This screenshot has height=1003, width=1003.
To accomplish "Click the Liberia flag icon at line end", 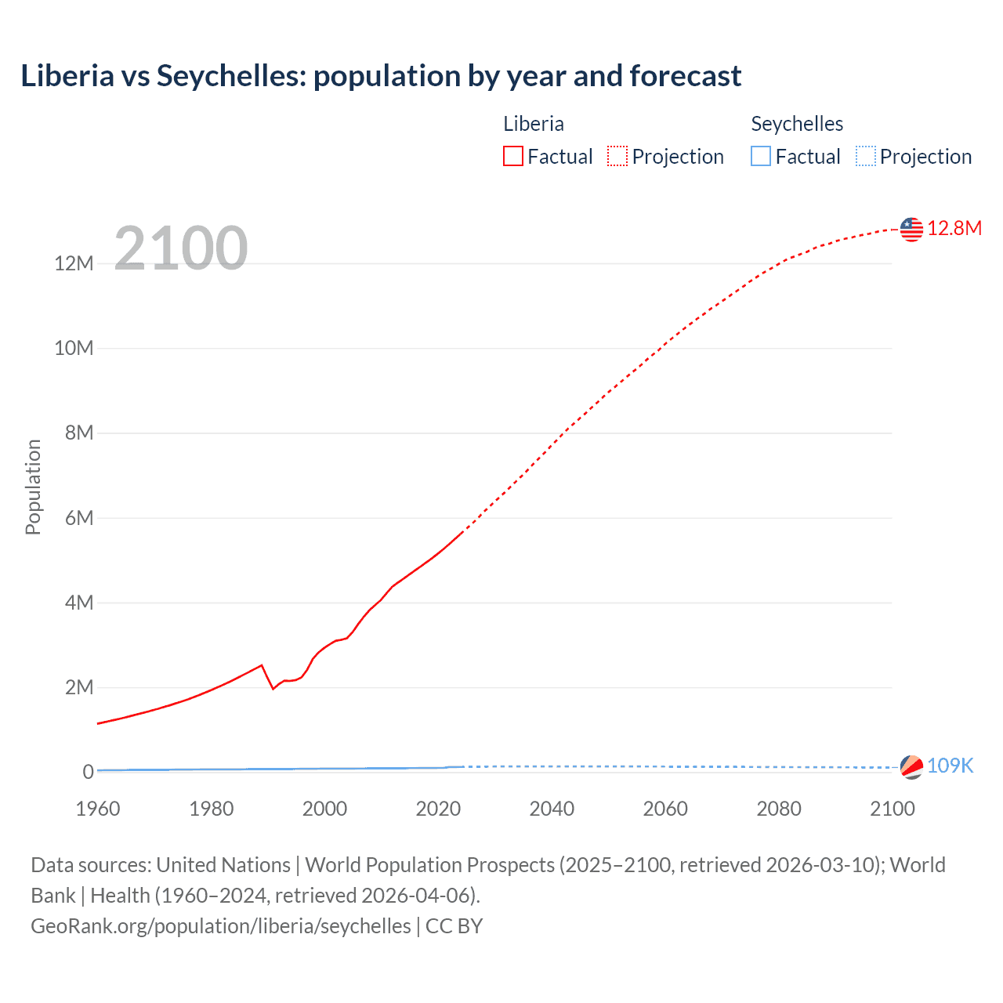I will pyautogui.click(x=911, y=229).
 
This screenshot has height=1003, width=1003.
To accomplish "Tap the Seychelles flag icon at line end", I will pyautogui.click(x=911, y=767).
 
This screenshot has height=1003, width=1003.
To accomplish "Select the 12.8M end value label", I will pyautogui.click(x=954, y=228).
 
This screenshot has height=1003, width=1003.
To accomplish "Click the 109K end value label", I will pyautogui.click(x=950, y=766).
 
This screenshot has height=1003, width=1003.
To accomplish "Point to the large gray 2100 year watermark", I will pyautogui.click(x=181, y=248).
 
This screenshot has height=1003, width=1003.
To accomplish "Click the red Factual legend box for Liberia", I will pyautogui.click(x=513, y=157).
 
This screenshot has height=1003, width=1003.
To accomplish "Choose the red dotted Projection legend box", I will pyautogui.click(x=617, y=157).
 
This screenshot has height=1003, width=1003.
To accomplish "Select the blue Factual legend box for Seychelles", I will pyautogui.click(x=761, y=157).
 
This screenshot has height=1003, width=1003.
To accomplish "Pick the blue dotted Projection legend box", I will pyautogui.click(x=866, y=157).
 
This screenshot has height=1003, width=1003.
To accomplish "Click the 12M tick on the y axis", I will pyautogui.click(x=74, y=263).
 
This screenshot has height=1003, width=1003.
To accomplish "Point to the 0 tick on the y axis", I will pyautogui.click(x=88, y=773).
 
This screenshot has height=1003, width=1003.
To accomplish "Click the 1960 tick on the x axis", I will pyautogui.click(x=98, y=809).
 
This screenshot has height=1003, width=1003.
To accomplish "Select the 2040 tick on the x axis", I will pyautogui.click(x=552, y=809).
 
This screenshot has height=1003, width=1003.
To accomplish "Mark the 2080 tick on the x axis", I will pyautogui.click(x=779, y=809).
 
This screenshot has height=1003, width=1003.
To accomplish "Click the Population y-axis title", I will pyautogui.click(x=33, y=487).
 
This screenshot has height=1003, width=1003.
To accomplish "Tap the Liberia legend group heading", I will pyautogui.click(x=534, y=124).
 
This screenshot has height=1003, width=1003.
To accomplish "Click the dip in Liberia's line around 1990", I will pyautogui.click(x=273, y=688).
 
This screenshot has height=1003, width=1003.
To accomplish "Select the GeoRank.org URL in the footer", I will pyautogui.click(x=220, y=925).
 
